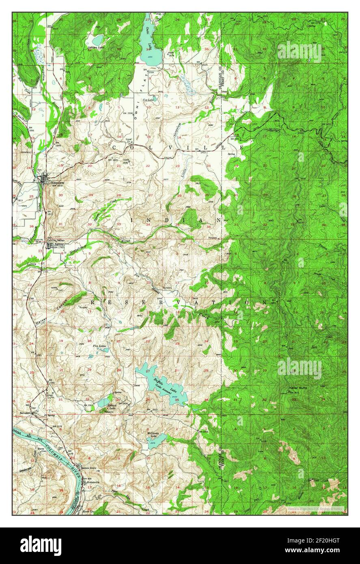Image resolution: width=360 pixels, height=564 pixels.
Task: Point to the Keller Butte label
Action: (x=298, y=388)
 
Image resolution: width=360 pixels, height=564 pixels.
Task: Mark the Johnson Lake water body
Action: (x=97, y=40)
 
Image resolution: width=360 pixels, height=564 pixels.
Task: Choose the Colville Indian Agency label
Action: (x=57, y=241)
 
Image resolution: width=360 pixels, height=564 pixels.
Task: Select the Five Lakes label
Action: (x=99, y=346)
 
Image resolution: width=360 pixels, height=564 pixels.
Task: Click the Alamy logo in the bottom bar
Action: (x=41, y=545)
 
